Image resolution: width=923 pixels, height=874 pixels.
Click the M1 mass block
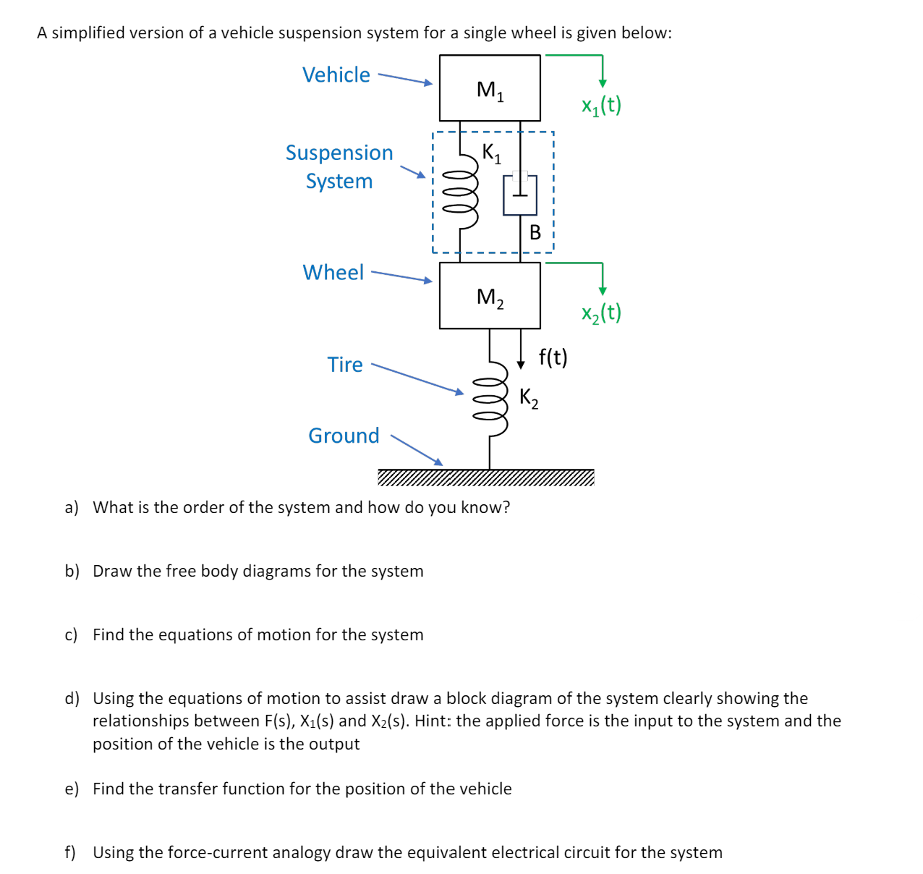point(490,88)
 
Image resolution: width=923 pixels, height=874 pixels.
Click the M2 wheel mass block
point(490,296)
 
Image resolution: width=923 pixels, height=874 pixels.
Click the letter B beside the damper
point(535,232)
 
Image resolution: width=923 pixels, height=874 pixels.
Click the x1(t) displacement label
point(601,106)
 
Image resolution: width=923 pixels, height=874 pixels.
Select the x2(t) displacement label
point(601,313)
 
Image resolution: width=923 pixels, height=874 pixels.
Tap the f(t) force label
point(553,357)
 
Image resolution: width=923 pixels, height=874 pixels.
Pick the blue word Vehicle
point(336,75)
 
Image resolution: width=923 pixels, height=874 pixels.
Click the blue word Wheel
point(333,273)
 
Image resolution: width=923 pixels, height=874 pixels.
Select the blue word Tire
point(345,365)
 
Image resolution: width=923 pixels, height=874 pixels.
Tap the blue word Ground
point(344,436)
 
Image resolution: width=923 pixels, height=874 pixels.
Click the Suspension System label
point(339,166)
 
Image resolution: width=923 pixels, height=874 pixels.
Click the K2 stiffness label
point(529,397)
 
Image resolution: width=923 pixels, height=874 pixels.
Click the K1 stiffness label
point(491,153)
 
